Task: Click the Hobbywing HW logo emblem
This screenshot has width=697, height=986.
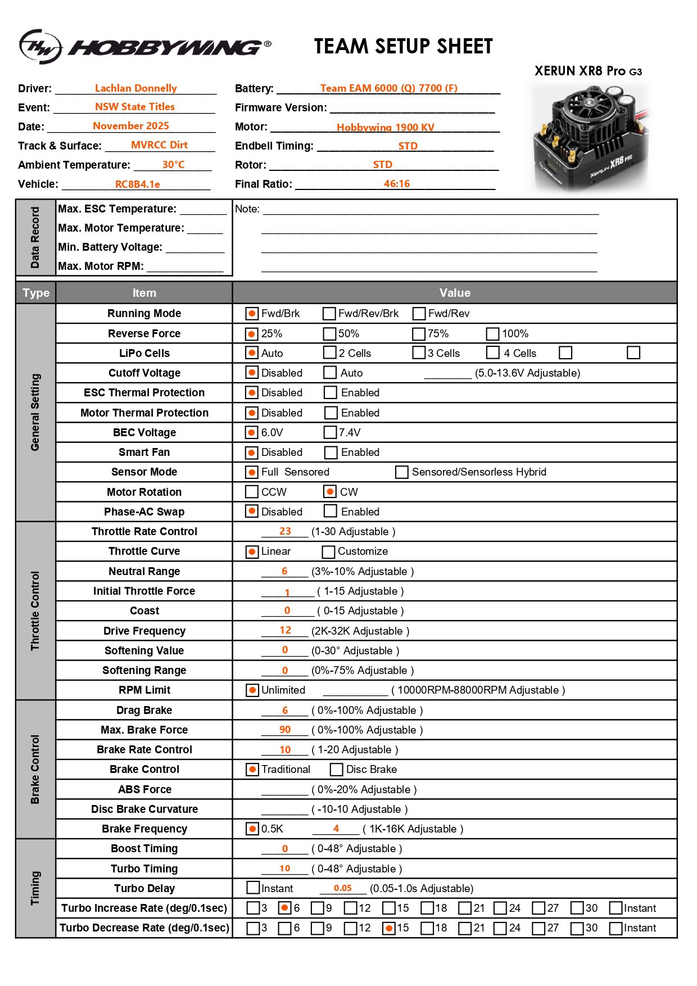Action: (40, 47)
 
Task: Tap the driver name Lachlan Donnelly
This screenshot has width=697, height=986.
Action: (135, 88)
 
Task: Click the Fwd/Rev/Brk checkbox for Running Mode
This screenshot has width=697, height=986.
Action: (329, 314)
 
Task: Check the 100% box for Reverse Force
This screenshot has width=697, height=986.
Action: (492, 334)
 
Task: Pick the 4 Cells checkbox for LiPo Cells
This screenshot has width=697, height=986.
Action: (493, 353)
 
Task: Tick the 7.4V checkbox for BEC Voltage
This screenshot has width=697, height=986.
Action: (330, 432)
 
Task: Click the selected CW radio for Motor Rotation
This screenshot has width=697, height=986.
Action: (330, 492)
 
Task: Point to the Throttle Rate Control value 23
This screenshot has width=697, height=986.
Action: (285, 531)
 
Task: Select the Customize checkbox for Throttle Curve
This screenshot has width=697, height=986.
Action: (329, 551)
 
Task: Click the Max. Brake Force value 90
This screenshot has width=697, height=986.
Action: (285, 730)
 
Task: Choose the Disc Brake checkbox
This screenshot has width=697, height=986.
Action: (337, 770)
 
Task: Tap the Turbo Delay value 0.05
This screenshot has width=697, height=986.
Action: (342, 888)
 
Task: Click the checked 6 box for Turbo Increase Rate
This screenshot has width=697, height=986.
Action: (285, 908)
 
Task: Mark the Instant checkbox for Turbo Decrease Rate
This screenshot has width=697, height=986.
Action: (615, 928)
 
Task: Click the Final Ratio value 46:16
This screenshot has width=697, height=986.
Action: (397, 184)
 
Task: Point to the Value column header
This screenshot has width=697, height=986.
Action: (455, 293)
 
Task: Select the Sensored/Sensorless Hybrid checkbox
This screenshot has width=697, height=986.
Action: (402, 472)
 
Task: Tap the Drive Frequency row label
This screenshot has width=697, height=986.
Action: (144, 631)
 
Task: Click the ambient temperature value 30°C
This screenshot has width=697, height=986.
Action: (173, 165)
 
